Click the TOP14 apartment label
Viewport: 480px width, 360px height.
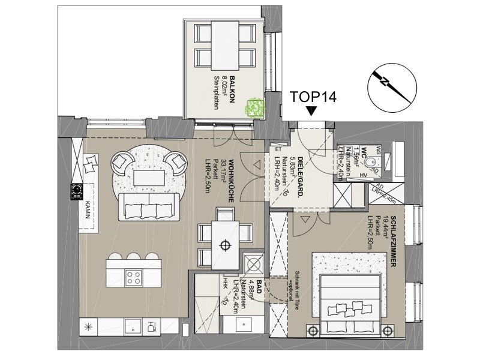[311, 96]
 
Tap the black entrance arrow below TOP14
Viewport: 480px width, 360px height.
[311, 111]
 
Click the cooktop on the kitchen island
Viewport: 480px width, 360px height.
[134, 277]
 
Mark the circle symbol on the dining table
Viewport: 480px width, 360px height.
[226, 244]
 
